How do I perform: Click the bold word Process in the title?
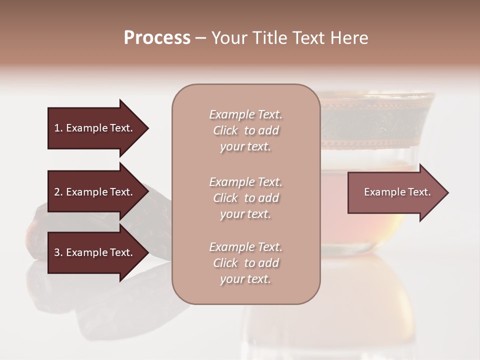(157, 38)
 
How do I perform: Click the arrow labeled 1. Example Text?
(95, 128)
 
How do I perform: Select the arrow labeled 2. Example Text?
(95, 192)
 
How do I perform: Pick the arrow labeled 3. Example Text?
(95, 252)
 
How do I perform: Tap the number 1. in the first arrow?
(58, 128)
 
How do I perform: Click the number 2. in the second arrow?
(58, 192)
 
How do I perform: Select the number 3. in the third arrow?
(58, 252)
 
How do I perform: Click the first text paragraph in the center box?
(245, 130)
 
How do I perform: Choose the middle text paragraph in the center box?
(245, 198)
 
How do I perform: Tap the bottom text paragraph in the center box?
(245, 263)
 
